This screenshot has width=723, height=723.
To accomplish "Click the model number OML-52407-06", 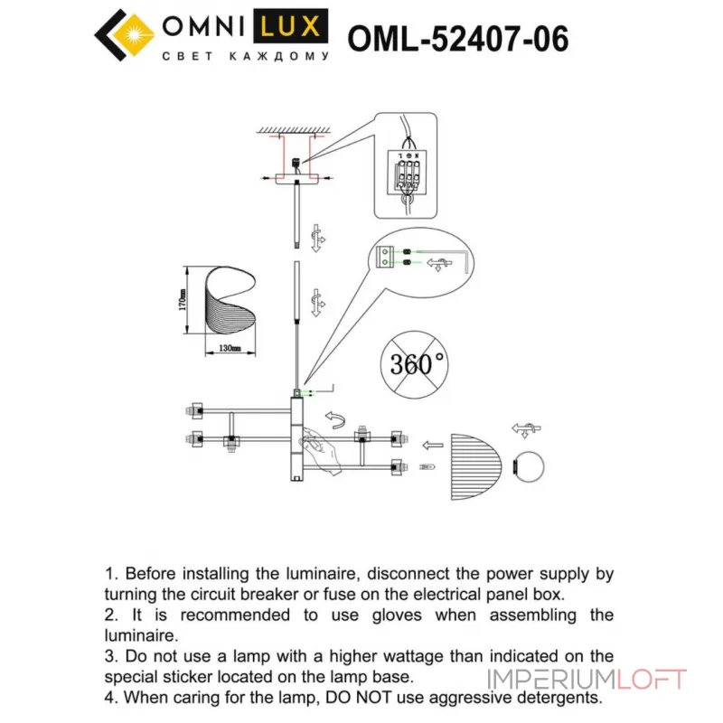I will click(x=458, y=39).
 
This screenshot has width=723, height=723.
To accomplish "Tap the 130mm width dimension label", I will click(x=228, y=348).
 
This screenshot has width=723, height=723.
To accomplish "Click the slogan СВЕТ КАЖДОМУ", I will click(x=244, y=57).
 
